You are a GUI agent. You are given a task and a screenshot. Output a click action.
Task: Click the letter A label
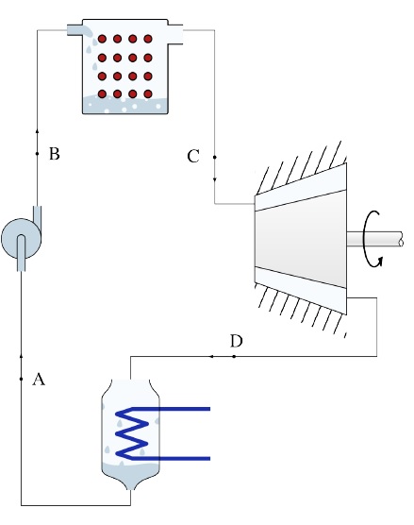pos(39,380)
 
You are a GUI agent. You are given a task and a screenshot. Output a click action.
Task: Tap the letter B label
pos(55,154)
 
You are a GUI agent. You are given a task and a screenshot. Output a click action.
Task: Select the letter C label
pos(193,157)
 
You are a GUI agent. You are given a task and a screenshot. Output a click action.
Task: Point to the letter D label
pos(237,341)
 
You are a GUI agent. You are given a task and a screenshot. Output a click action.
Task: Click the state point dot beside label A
pos(21,379)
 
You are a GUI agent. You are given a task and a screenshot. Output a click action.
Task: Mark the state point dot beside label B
pos(37,154)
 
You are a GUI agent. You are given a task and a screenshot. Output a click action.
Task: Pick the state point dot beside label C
pos(215,157)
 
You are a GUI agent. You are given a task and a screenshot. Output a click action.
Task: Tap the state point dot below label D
pos(234,357)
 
